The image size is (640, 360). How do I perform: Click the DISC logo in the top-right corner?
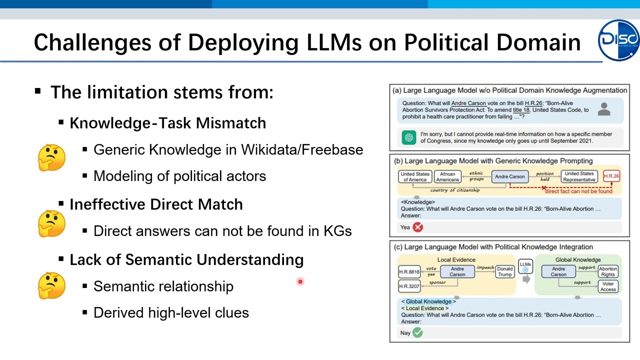point(619,40)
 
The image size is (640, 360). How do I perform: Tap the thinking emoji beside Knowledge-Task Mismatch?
point(51,157)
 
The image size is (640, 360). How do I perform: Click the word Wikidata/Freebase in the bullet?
point(302,149)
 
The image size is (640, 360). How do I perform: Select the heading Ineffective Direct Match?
point(156,204)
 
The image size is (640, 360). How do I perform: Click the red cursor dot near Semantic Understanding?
point(300,281)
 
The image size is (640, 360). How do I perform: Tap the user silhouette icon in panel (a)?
point(604,109)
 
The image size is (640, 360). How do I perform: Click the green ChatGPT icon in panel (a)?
point(409,137)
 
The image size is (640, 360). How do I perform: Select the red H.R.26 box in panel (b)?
point(611,176)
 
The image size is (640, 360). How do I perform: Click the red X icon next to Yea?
point(418,227)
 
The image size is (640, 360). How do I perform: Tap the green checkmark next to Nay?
point(417,332)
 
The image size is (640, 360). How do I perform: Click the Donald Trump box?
point(504,271)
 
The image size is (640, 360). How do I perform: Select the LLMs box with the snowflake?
point(525,267)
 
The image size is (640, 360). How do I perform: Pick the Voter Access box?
point(608,286)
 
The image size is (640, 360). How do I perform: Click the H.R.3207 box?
point(409,286)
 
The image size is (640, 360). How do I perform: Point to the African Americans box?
point(447,177)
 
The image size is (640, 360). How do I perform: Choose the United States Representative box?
point(579,176)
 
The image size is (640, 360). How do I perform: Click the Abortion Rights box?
point(608,271)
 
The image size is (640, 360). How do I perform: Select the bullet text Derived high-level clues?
point(171,312)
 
